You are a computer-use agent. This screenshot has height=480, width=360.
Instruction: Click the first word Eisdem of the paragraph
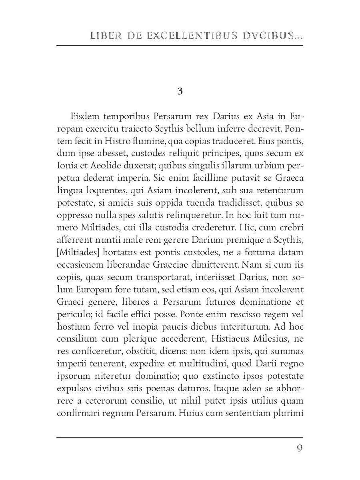tap(85, 117)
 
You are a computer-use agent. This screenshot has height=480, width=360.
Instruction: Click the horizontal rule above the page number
tap(180, 438)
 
